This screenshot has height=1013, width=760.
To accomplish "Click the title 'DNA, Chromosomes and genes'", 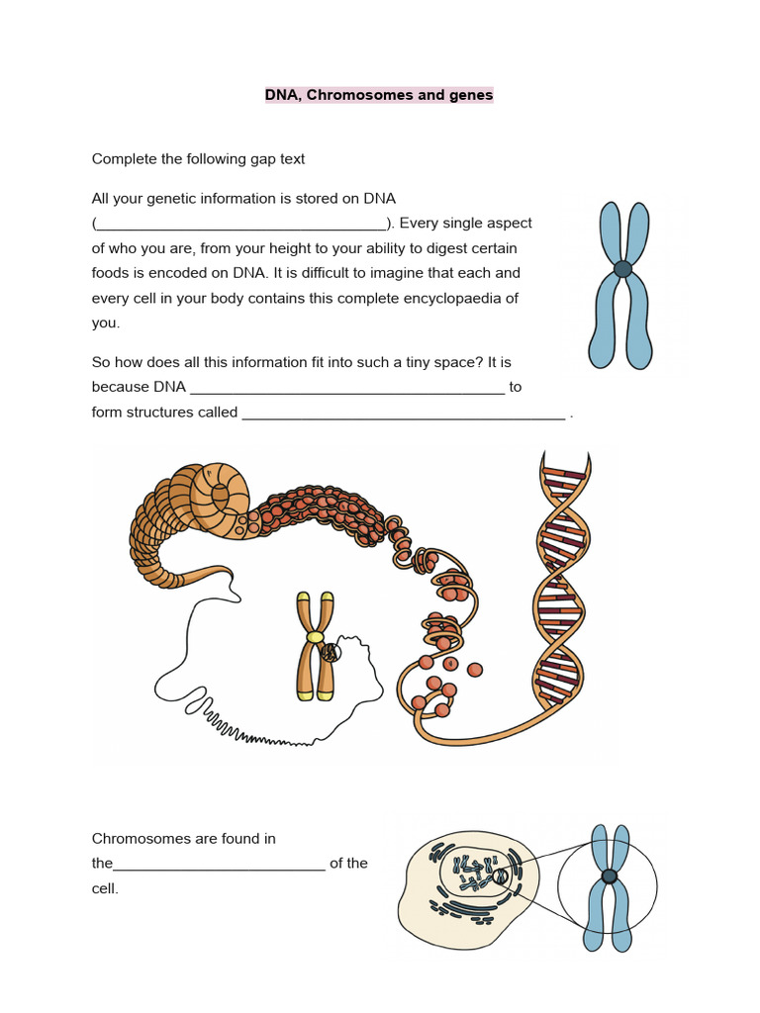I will pos(378,95).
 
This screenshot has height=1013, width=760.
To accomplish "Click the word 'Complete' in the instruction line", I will pos(123,158).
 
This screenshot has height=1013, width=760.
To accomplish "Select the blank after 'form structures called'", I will pos(404,414).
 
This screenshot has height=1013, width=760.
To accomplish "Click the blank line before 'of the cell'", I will pos(219,865).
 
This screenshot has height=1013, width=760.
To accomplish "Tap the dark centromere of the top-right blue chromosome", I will pos(622,268).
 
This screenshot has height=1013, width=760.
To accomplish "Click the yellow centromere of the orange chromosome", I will pos(315,639).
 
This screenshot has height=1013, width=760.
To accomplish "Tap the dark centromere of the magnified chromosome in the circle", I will pos(609,876).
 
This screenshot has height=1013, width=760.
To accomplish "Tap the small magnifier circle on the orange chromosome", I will pos(332,653).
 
